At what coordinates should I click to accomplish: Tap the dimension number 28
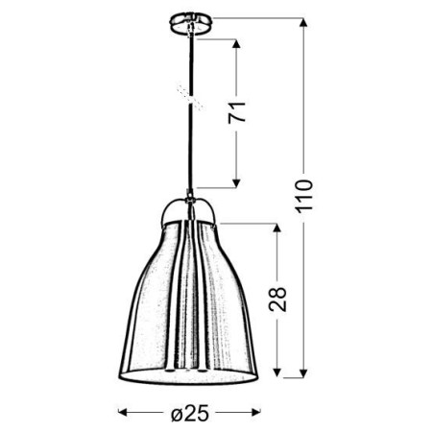(x=278, y=300)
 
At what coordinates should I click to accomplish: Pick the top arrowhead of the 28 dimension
(x=277, y=228)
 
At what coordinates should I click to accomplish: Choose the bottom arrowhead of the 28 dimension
(x=277, y=372)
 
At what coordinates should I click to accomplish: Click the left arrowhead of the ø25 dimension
(x=123, y=414)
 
